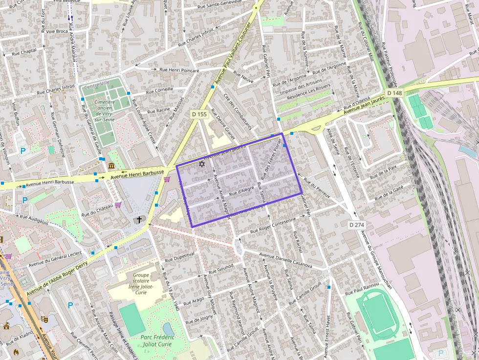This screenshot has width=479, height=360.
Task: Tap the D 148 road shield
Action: click(x=394, y=93)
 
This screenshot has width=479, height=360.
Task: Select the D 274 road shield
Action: click(x=357, y=225)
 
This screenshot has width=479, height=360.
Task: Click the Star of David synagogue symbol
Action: click(x=201, y=165)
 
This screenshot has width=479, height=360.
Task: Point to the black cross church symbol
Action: click(x=139, y=219)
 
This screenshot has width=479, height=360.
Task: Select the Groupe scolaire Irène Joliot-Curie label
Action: click(x=141, y=283)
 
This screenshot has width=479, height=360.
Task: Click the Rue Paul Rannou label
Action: click(x=362, y=289)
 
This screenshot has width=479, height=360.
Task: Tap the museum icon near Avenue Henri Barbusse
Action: click(x=111, y=166)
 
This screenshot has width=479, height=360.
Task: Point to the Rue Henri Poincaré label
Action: click(x=179, y=70)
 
